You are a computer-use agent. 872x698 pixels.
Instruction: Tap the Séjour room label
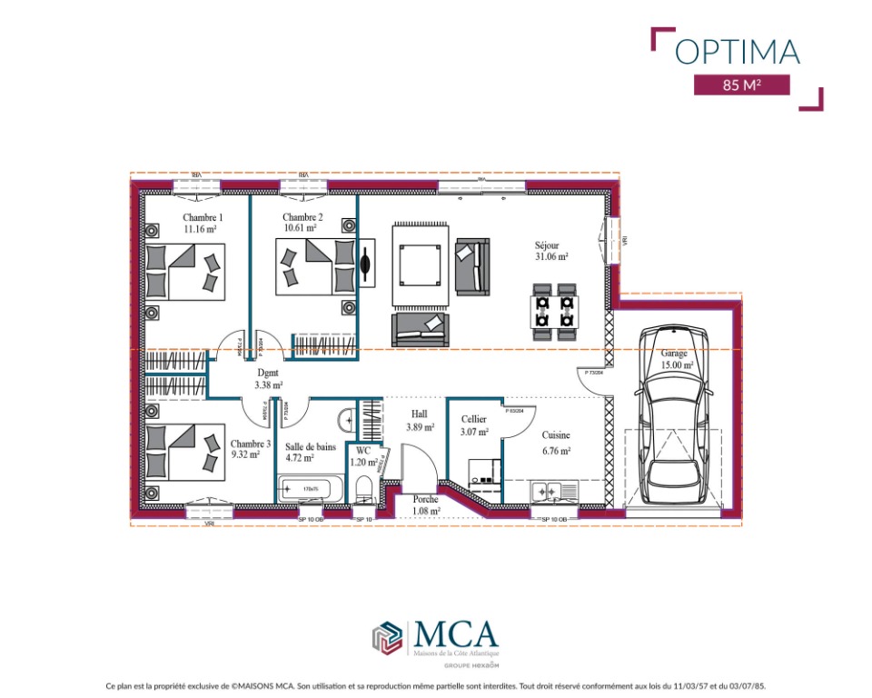coord(551,251)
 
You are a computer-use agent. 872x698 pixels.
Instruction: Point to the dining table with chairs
coord(553,311)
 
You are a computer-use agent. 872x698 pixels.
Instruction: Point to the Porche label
coord(425,505)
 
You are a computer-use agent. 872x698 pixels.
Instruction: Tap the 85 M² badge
coord(741,85)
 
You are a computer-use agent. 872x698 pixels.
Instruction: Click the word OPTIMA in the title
coord(737,51)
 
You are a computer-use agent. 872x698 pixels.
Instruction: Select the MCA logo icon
coord(387,636)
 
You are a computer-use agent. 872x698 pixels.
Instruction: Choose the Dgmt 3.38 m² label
coord(269,379)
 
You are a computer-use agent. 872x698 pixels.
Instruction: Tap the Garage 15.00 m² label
coord(676,359)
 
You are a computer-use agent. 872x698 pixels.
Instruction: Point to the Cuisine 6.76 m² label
coord(556,443)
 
